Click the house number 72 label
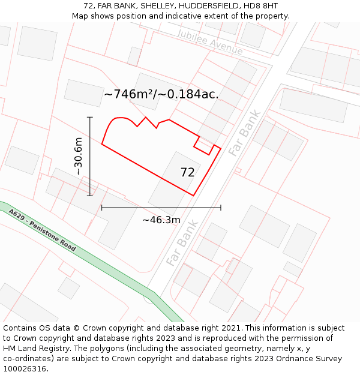[x=187, y=173]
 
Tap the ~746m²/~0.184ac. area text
[x=161, y=94]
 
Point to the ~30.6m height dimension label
[x=78, y=156]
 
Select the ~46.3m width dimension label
[x=161, y=220]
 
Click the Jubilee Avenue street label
[x=210, y=42]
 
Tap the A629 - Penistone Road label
[x=42, y=230]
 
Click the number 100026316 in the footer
[x=25, y=368]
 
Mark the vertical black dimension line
[x=90, y=156]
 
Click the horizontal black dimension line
[x=161, y=208]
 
